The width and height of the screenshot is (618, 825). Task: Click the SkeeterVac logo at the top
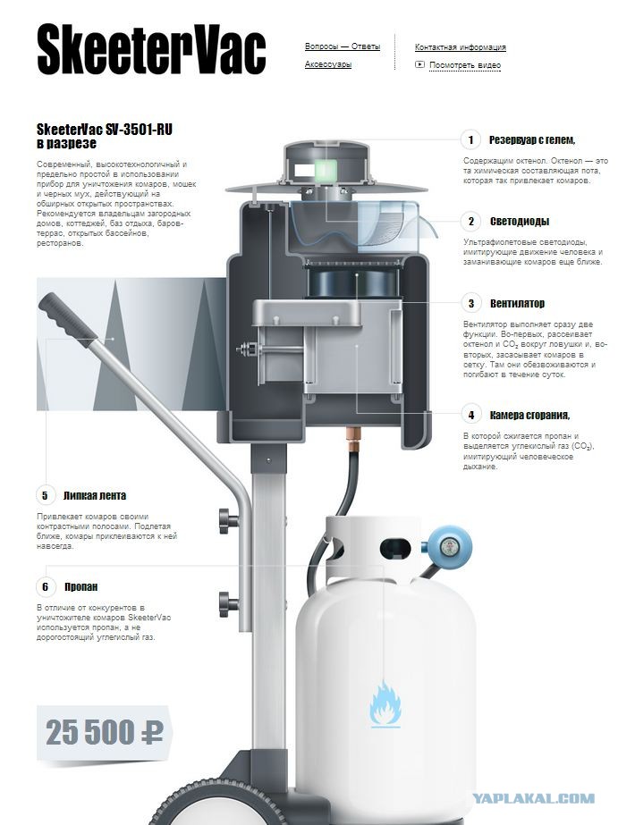(x=151, y=50)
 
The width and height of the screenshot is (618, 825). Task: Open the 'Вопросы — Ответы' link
(x=343, y=46)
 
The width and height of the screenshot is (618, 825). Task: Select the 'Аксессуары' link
(x=328, y=64)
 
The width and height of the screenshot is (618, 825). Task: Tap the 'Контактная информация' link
(x=460, y=46)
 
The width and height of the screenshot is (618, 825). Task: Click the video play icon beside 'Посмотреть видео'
(x=419, y=64)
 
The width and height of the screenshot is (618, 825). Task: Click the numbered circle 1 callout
(x=470, y=140)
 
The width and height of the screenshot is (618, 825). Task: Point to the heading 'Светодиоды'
(x=520, y=222)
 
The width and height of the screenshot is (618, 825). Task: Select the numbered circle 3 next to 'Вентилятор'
(x=470, y=304)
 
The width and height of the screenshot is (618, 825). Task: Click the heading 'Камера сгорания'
(x=529, y=415)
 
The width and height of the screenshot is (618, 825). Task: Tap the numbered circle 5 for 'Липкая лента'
(x=45, y=496)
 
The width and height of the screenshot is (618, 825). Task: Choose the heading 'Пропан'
(x=81, y=586)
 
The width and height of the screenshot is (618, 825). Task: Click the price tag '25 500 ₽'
(x=105, y=732)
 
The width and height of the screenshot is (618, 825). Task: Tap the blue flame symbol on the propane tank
(x=385, y=704)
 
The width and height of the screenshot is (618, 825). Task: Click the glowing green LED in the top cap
(x=325, y=170)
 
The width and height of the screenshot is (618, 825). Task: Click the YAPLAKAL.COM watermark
(x=533, y=799)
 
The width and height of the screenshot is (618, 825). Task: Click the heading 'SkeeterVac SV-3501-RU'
(x=105, y=130)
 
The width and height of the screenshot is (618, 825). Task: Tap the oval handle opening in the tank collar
(x=394, y=548)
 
